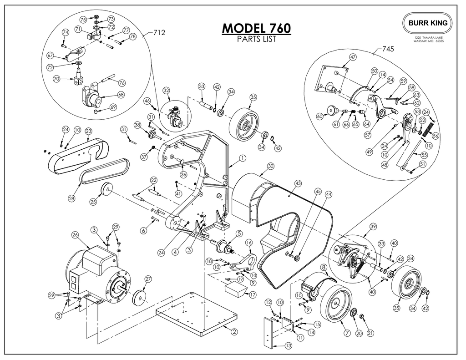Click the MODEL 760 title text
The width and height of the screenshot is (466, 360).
tap(256, 28)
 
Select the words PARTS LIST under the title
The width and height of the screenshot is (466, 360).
tap(256, 39)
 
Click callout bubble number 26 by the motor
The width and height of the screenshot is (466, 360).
tap(75, 235)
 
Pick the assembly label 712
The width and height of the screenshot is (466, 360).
tap(158, 32)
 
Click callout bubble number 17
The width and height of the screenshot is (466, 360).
tap(253, 294)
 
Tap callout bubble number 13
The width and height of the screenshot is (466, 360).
tap(288, 346)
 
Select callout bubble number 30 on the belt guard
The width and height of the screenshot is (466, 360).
tap(270, 166)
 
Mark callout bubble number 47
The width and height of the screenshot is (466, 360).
tap(352, 57)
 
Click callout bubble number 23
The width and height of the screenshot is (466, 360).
tap(88, 131)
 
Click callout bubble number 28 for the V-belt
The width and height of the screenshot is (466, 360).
tap(71, 198)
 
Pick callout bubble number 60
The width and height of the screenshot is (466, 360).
tap(319, 117)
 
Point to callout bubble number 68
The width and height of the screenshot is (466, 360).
tap(121, 95)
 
